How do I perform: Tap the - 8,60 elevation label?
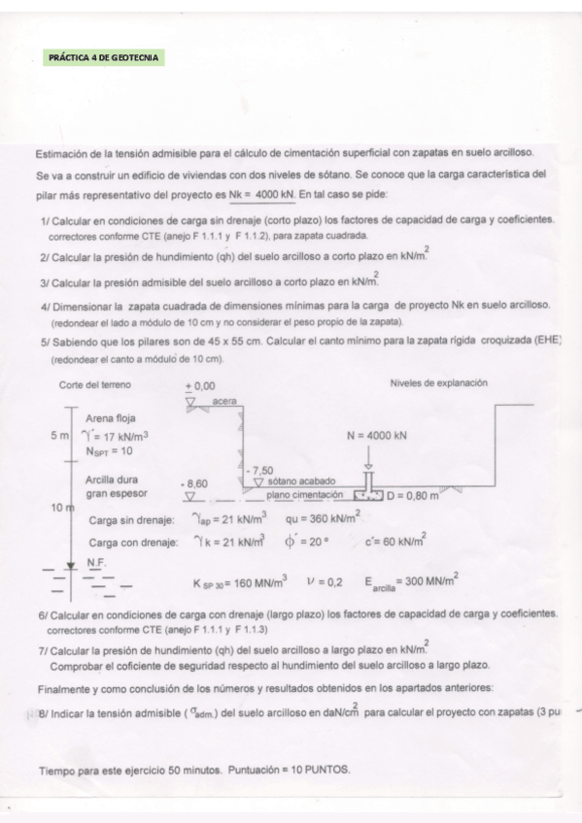(x=196, y=481)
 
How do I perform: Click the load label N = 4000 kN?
(x=376, y=436)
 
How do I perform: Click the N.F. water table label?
(x=96, y=562)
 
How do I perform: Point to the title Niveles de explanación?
(x=438, y=383)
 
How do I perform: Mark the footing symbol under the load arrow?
(x=370, y=496)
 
